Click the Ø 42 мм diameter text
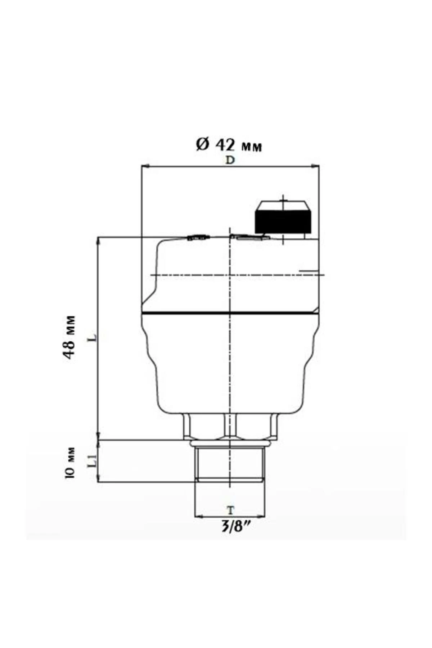tap(229, 145)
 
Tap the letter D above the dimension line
tap(230, 161)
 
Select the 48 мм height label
tap(69, 337)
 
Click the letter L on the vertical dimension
tap(93, 338)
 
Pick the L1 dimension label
tap(92, 461)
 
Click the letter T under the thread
tap(230, 510)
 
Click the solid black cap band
tap(283, 221)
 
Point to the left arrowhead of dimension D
tap(144, 166)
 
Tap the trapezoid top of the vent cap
tap(283, 206)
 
